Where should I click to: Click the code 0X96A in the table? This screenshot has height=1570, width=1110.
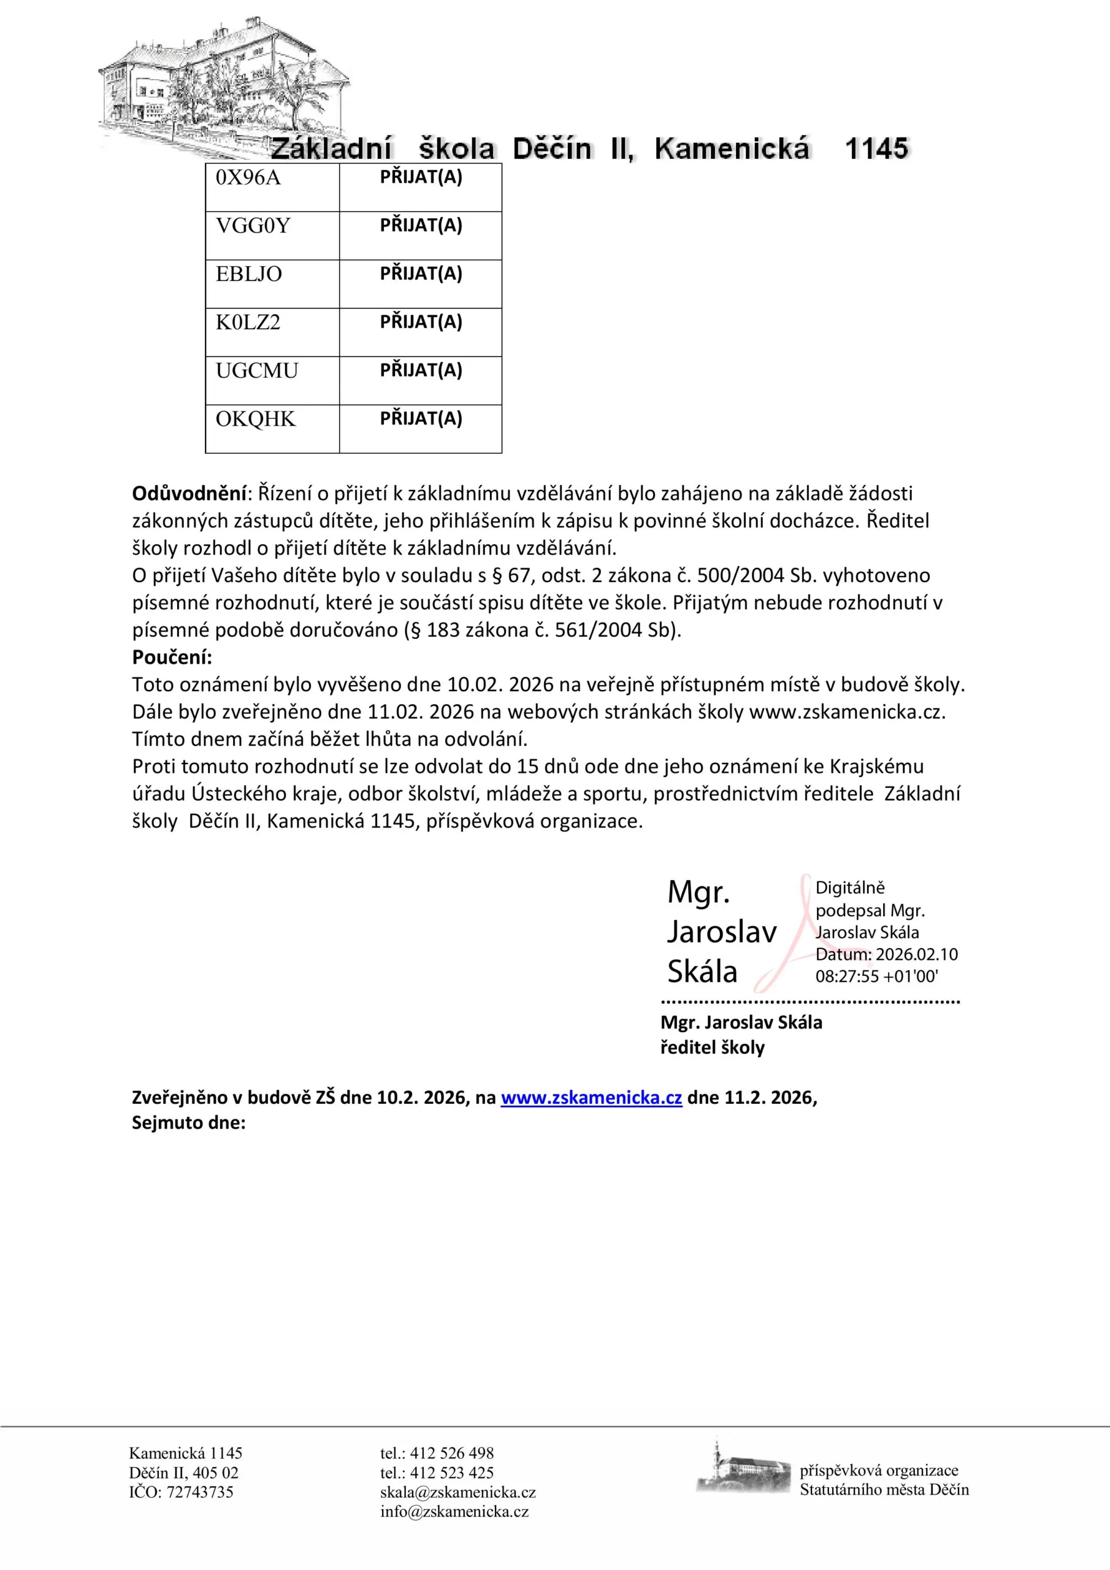point(248,178)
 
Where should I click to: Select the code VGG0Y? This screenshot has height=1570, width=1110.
point(253,226)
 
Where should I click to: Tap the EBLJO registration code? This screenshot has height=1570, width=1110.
point(249,274)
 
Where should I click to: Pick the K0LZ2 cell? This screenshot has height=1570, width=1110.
point(248,322)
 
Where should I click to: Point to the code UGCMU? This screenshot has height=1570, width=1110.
point(257,370)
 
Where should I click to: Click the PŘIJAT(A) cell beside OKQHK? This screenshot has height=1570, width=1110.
point(421,418)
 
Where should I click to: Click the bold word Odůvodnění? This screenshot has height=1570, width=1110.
point(189,493)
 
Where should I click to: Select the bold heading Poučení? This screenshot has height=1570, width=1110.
point(172,657)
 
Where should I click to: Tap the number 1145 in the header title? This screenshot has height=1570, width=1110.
point(876,148)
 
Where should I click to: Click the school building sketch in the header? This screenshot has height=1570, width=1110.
point(222,89)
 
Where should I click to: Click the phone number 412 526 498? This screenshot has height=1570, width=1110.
point(451,1453)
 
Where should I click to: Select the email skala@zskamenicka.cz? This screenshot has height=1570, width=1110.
point(457,1492)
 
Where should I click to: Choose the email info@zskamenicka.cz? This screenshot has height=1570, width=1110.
point(454,1511)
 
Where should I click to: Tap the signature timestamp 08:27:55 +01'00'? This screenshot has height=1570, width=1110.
point(876,976)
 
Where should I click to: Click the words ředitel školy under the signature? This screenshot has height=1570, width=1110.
point(712,1047)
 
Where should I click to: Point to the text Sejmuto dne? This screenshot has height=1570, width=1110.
point(188,1122)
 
